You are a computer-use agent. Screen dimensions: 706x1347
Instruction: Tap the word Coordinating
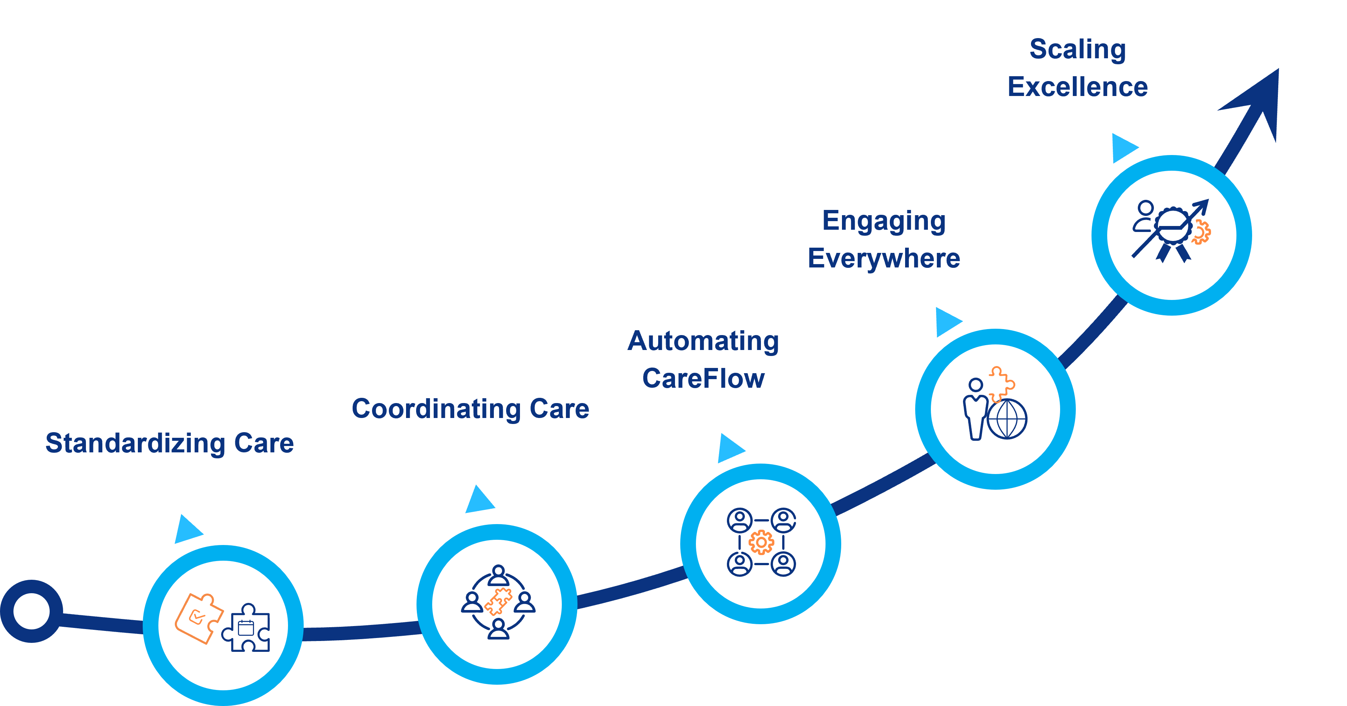click(x=436, y=409)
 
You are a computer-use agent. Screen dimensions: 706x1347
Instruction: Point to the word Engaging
click(x=884, y=221)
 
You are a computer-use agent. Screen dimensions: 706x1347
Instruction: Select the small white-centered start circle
click(x=31, y=611)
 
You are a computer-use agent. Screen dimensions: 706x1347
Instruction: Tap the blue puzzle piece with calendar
click(x=247, y=629)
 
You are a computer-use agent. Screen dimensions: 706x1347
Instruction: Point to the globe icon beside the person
click(x=1007, y=419)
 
